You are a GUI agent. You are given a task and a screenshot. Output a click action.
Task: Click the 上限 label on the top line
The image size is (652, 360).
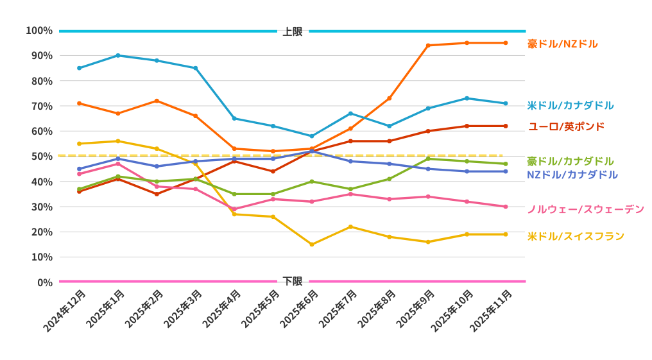click(292, 31)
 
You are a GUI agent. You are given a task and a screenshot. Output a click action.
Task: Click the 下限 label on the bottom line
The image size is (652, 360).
click(292, 281)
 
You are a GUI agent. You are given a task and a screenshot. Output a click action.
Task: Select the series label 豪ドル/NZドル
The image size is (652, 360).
click(562, 44)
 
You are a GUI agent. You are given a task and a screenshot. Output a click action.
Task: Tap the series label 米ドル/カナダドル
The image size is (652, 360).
click(570, 105)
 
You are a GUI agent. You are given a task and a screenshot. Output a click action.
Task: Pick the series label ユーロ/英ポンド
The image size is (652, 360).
click(566, 126)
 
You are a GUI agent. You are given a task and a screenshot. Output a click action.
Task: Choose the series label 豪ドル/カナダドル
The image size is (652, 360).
click(570, 161)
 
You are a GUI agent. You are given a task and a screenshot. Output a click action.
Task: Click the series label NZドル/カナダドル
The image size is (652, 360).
click(572, 175)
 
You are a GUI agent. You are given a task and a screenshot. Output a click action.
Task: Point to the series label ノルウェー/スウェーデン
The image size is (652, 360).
click(585, 209)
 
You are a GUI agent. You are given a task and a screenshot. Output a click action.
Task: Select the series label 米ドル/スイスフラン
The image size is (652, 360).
click(576, 236)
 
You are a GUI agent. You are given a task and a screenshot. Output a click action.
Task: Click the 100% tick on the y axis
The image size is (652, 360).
click(39, 31)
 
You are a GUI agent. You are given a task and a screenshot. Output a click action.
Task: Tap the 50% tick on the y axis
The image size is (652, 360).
click(42, 157)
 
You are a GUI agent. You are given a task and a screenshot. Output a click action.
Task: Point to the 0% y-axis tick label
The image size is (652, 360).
click(44, 282)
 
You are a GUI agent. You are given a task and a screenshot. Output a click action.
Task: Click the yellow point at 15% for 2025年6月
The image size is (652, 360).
click(312, 244)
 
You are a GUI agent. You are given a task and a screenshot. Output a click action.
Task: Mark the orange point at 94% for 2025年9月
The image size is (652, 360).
click(428, 46)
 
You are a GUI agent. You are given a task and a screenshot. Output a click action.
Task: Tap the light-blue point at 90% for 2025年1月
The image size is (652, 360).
click(118, 56)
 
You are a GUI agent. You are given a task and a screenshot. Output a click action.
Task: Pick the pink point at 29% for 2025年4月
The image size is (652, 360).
click(234, 209)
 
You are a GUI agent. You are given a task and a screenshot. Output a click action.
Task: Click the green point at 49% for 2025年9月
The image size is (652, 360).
click(428, 159)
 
